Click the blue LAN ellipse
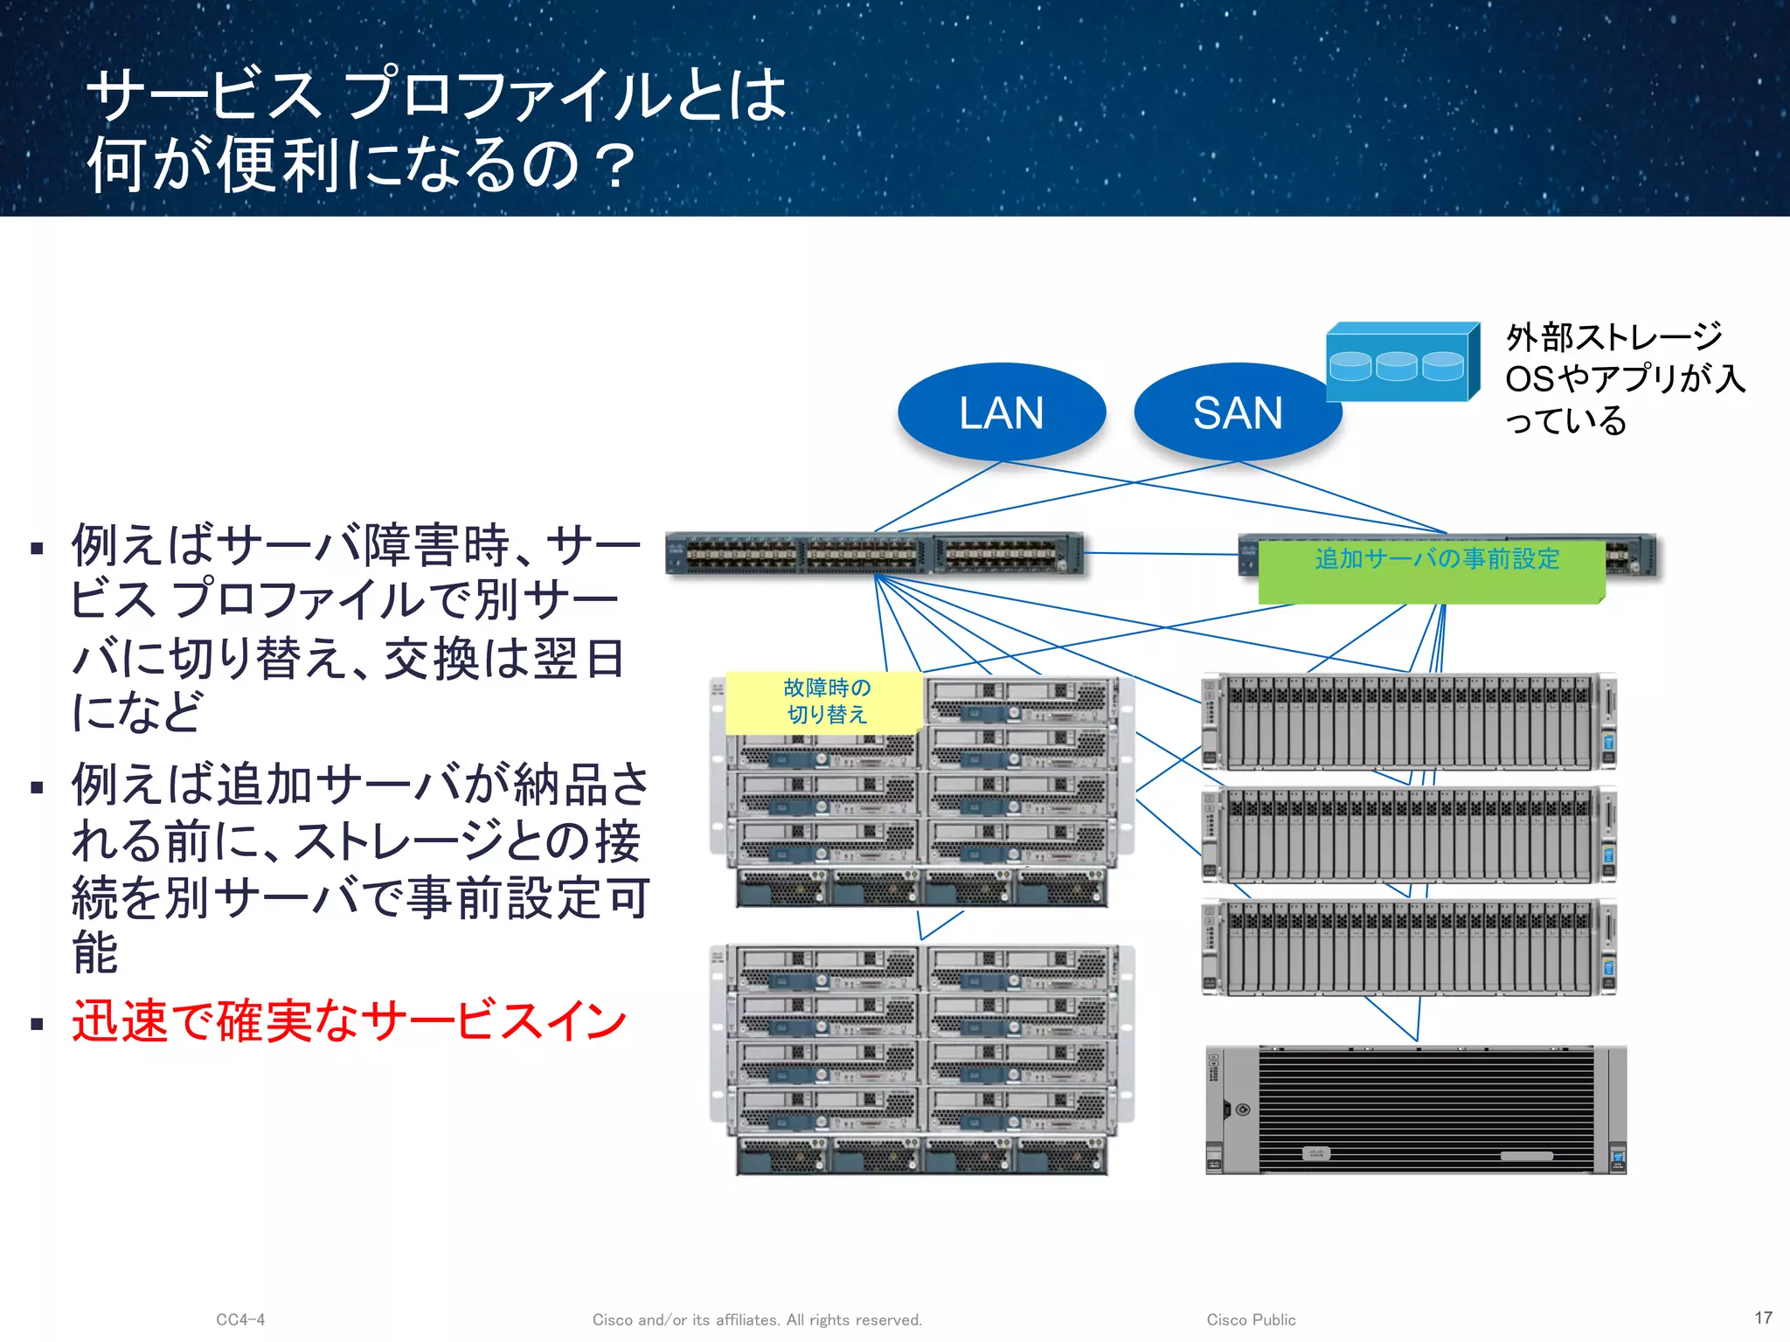click(1002, 412)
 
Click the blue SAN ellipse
click(1237, 412)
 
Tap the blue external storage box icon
click(1401, 363)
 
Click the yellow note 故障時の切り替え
click(825, 702)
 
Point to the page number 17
click(1763, 1318)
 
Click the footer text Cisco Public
click(1251, 1319)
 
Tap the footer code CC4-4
click(240, 1319)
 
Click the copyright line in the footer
click(757, 1319)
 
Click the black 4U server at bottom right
click(1416, 1110)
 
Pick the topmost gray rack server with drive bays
click(1409, 722)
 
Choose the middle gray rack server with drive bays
click(1409, 834)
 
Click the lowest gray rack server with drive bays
click(1409, 948)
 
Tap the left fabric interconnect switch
click(874, 554)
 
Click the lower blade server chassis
click(922, 1059)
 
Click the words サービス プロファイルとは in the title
click(437, 94)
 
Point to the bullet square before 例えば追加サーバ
click(37, 787)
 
